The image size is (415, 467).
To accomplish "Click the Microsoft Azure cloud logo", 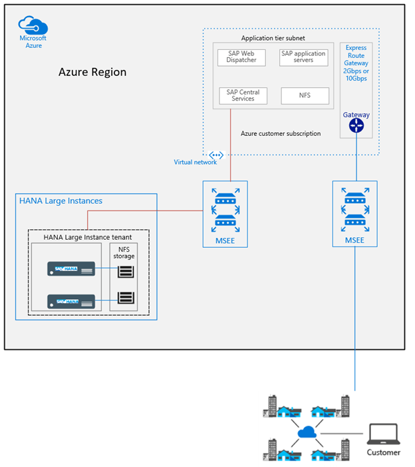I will [x=33, y=26].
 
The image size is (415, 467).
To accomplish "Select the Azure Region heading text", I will [x=92, y=72].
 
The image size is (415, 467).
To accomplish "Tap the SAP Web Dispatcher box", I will [x=241, y=57].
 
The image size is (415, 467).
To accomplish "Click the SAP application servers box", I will [x=303, y=57].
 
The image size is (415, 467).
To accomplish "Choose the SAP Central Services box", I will [x=242, y=95].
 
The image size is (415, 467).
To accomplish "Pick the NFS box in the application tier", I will [x=304, y=96].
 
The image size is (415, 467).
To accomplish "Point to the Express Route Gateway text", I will [x=356, y=63].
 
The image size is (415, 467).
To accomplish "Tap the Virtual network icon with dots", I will [x=216, y=155].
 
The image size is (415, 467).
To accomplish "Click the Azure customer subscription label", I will [x=280, y=134].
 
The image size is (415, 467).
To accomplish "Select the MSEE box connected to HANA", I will [x=225, y=214].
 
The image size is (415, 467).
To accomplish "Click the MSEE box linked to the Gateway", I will [x=356, y=214].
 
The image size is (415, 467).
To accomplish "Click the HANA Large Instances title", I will [x=61, y=201].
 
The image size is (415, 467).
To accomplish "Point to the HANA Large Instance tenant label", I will [x=88, y=236].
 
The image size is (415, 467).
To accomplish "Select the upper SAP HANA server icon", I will [x=72, y=268].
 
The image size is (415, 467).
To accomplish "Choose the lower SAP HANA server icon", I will [x=72, y=301].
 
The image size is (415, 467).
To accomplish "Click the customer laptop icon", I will [x=382, y=434].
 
